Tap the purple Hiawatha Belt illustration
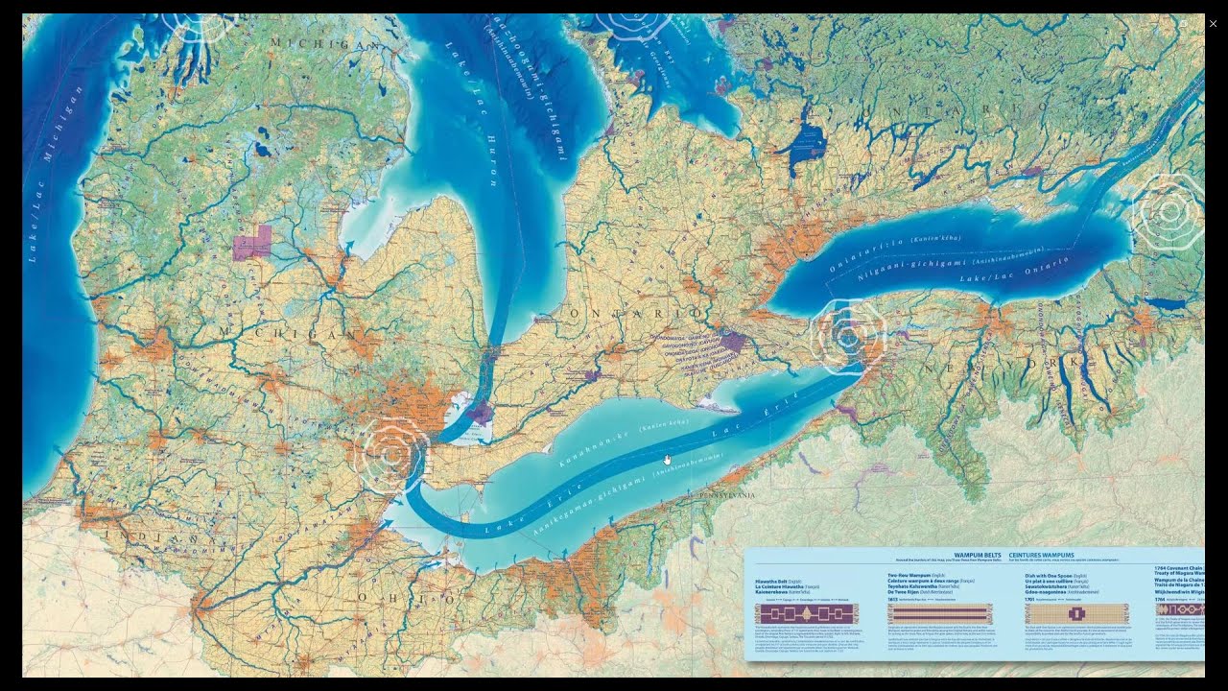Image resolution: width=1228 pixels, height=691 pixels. [x=806, y=614]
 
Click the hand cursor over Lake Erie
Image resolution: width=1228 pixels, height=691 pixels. [x=668, y=460]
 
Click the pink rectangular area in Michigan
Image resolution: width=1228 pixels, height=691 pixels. [x=251, y=244]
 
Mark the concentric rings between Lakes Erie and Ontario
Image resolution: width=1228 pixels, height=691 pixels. [x=847, y=336]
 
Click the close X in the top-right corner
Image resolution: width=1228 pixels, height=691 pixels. [x=1213, y=24]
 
